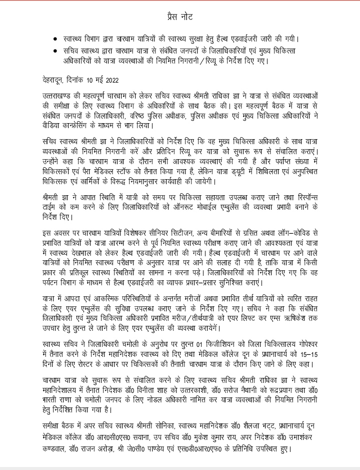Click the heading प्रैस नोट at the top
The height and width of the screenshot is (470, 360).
pos(178,18)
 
